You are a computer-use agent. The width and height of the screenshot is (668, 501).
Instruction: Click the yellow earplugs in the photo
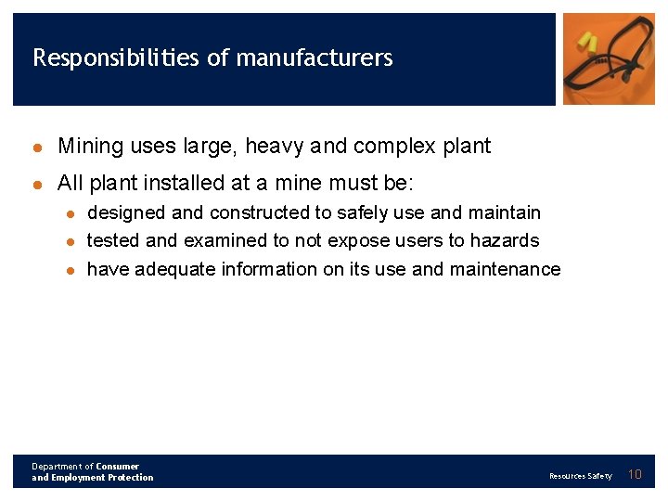click(x=586, y=41)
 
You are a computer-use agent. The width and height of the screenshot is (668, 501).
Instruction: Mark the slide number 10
click(x=636, y=475)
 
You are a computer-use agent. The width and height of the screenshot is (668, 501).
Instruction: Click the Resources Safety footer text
click(x=580, y=476)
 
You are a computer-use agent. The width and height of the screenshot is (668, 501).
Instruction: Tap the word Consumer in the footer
click(x=118, y=467)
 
